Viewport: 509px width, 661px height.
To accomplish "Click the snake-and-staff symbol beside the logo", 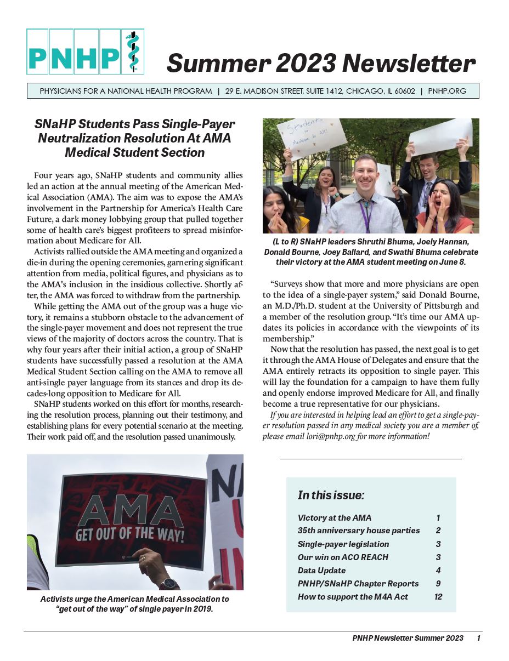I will [x=132, y=52].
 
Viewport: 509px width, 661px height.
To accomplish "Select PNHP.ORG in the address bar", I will [x=447, y=91].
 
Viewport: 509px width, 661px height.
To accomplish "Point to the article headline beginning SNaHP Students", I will [x=134, y=138].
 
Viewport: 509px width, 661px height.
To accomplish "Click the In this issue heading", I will [x=331, y=495].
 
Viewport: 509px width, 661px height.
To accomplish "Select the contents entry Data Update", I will [x=321, y=571].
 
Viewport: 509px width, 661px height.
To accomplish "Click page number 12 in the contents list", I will [x=438, y=597].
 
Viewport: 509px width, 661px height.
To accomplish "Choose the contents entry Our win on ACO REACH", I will [x=343, y=557].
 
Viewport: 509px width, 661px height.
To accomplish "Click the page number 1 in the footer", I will [x=478, y=638].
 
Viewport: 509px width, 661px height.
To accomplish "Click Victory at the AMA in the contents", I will [x=334, y=518].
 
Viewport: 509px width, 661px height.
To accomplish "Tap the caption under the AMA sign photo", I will [x=134, y=604].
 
